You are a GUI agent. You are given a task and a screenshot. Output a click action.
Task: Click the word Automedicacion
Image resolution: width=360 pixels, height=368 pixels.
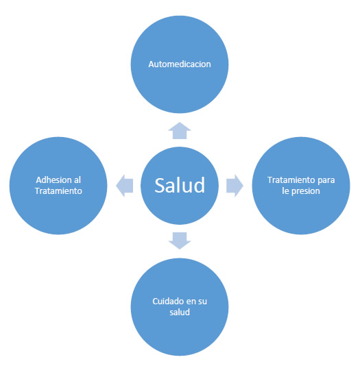(x=180, y=64)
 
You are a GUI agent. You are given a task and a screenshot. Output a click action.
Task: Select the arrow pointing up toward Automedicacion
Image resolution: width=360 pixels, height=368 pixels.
(x=180, y=131)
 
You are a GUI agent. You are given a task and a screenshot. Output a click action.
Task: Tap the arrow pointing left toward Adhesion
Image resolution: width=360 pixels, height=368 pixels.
(x=125, y=186)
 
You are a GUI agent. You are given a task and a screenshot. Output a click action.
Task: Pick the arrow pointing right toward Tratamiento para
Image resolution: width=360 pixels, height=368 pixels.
(x=235, y=186)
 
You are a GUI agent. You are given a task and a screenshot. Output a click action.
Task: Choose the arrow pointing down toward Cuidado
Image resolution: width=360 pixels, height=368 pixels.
(x=180, y=241)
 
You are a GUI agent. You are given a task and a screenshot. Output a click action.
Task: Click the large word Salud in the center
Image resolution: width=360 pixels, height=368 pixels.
(x=180, y=186)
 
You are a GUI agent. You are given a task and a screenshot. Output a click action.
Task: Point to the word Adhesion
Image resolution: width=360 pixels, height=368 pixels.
(x=53, y=180)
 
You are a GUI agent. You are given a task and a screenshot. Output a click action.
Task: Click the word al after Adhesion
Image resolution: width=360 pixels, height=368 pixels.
(x=77, y=180)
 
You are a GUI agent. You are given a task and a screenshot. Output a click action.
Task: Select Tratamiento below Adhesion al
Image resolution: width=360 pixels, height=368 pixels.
(x=58, y=191)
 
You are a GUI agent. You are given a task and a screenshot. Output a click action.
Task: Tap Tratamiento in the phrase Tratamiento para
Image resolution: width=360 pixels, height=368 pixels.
(x=291, y=180)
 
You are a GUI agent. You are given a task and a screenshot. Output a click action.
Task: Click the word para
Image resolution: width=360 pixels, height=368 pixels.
(x=326, y=181)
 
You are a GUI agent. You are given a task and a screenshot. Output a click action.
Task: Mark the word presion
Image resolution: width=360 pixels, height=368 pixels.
(x=306, y=191)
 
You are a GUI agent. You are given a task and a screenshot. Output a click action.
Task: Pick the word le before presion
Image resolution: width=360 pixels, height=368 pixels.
(x=285, y=191)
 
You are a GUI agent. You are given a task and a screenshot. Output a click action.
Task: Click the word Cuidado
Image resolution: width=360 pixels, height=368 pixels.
(x=166, y=301)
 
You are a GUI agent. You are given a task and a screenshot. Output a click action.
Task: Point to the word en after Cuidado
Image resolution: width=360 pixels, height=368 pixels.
(x=188, y=302)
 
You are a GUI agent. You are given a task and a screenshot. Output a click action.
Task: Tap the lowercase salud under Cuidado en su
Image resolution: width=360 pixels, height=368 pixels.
(x=180, y=312)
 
